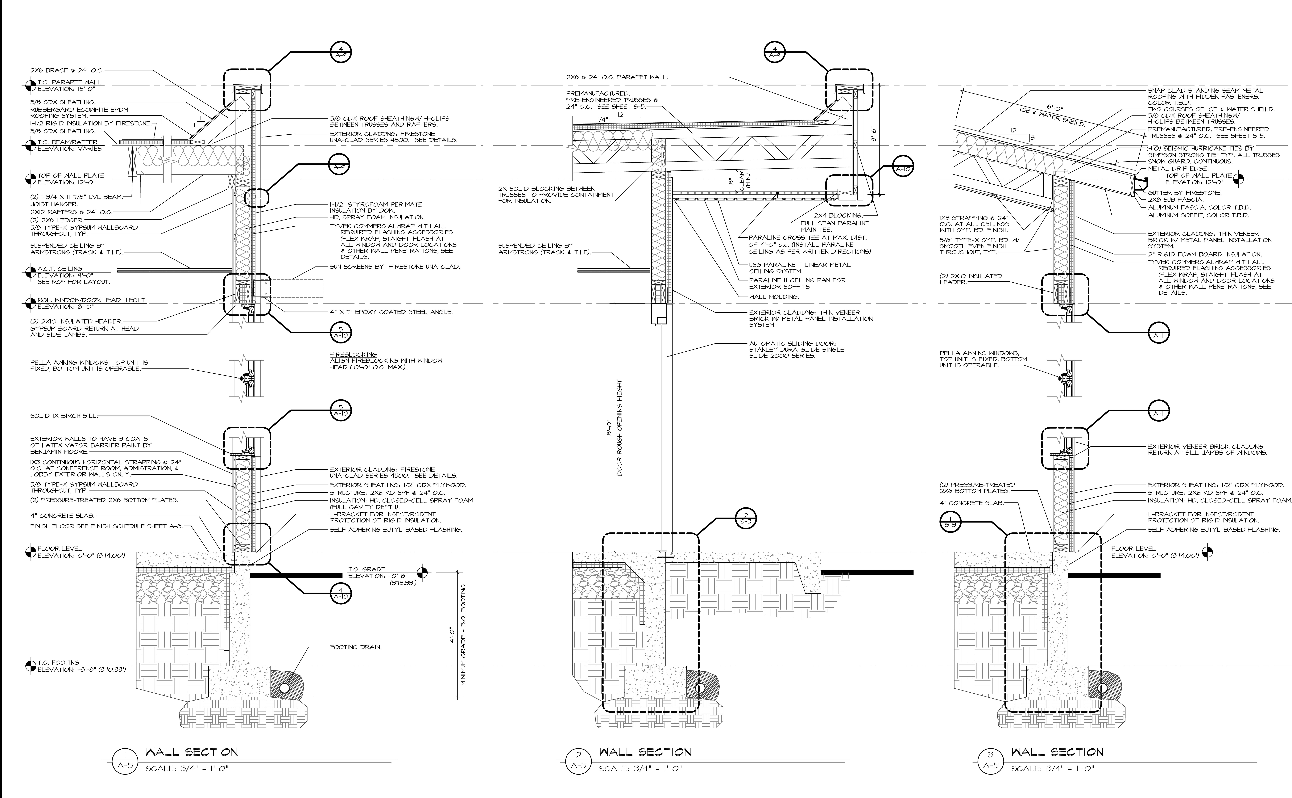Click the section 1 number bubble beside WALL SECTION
click(125, 763)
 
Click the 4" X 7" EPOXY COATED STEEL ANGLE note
click(391, 312)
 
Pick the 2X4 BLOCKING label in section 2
click(838, 215)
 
